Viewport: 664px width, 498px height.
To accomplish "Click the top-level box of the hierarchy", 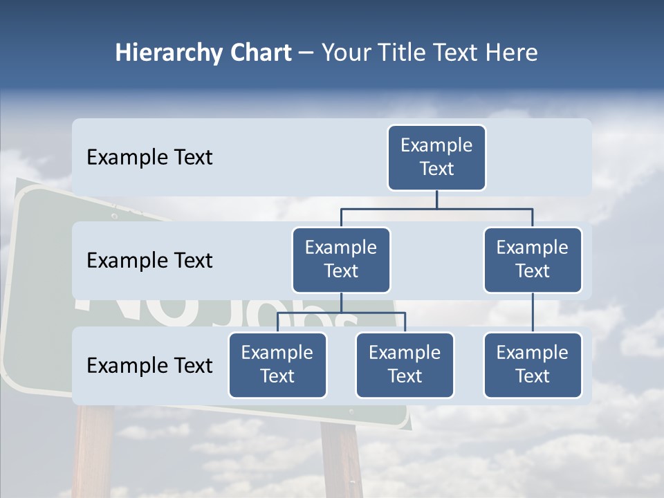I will click(436, 157).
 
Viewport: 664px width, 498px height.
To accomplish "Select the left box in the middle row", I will click(341, 259).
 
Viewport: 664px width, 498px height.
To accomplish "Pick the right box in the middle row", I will click(533, 259).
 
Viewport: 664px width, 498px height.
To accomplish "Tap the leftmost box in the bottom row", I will click(277, 365).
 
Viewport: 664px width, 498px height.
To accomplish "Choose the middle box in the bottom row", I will click(405, 365).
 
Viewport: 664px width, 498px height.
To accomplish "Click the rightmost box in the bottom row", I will click(533, 365).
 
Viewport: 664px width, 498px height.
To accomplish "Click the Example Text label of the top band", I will click(149, 158).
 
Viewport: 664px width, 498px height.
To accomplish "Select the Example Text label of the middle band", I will click(149, 261).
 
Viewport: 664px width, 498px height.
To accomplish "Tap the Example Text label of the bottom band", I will click(149, 365).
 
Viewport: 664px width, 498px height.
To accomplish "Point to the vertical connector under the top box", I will click(436, 199).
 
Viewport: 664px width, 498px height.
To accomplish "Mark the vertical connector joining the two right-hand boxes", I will click(533, 313).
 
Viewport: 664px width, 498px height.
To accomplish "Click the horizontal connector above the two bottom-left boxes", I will click(341, 313).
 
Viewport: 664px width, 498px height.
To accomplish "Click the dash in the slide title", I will click(306, 53).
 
